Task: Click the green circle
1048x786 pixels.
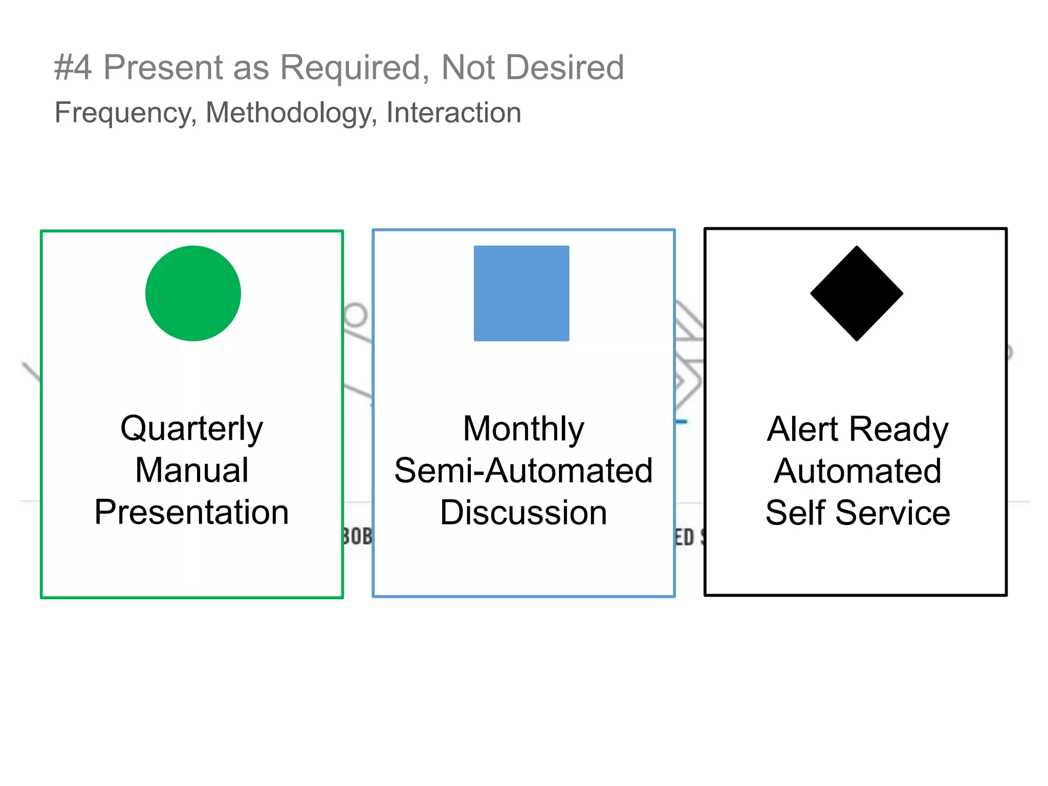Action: [193, 293]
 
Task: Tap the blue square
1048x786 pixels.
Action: [521, 293]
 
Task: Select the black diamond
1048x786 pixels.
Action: [857, 293]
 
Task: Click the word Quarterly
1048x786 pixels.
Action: [191, 428]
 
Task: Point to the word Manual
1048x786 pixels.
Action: [191, 470]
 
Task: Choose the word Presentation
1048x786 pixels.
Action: [191, 512]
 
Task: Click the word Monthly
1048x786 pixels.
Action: [523, 429]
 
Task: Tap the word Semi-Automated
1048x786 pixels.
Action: [523, 471]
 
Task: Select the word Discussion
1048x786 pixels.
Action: [523, 513]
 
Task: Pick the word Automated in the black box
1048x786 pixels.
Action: [858, 471]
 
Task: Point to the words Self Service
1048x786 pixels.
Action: [858, 513]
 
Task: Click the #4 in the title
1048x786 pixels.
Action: [73, 68]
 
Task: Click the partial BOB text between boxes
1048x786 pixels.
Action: [357, 536]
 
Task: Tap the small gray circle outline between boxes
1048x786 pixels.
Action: [355, 314]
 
